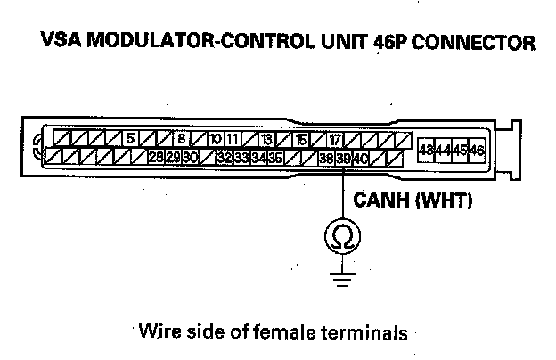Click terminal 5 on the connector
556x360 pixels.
[130, 139]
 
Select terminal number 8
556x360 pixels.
[181, 139]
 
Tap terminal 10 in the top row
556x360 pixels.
[215, 139]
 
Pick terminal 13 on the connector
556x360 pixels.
[266, 139]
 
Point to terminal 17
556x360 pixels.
[334, 139]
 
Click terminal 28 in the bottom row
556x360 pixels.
[156, 158]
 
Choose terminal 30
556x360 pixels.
[190, 158]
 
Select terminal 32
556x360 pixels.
[225, 158]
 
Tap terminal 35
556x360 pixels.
[275, 158]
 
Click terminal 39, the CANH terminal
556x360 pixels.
[343, 158]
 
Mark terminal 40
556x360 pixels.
[360, 158]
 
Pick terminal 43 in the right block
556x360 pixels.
[427, 151]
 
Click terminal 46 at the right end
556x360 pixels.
[478, 151]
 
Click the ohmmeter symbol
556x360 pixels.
[342, 234]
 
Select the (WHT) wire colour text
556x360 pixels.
[443, 201]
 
